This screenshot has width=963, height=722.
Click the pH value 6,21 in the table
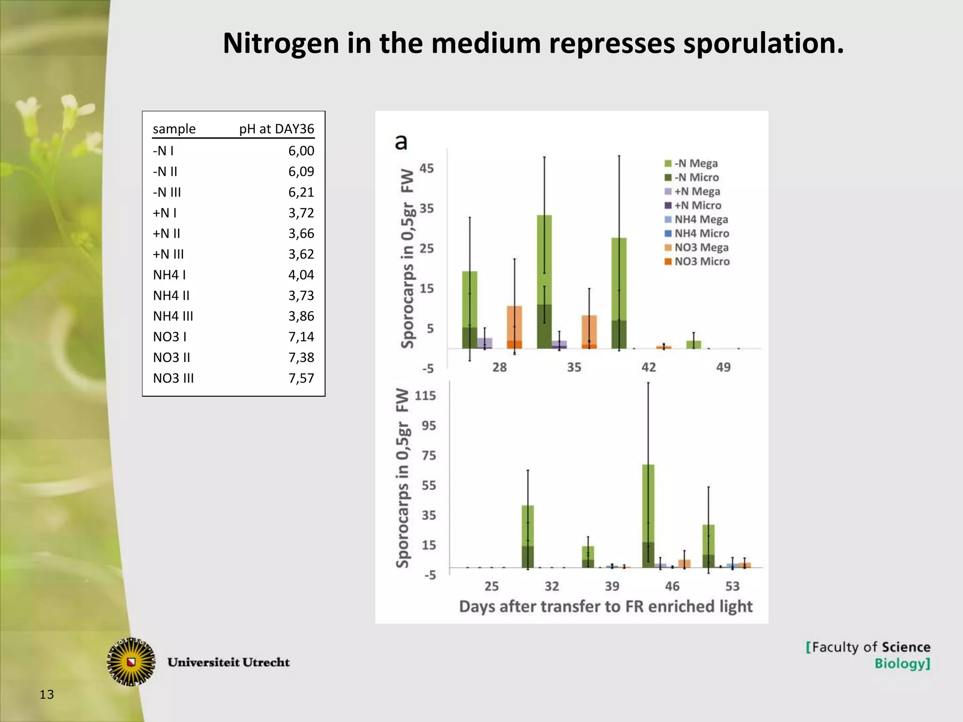(301, 192)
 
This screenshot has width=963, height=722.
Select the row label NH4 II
(171, 296)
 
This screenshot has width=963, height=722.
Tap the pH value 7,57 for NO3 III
(301, 378)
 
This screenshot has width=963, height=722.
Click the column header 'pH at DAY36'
(276, 129)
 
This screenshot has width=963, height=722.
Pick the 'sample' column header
(174, 129)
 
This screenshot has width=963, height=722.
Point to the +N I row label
(165, 213)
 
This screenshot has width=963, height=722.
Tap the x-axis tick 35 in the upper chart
(574, 367)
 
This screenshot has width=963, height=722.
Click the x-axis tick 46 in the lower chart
(672, 586)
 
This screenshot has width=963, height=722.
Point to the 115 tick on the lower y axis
(425, 396)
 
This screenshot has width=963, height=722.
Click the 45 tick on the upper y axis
(426, 168)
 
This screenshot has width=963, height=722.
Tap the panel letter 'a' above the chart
(401, 141)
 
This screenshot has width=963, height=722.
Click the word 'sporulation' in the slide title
(763, 44)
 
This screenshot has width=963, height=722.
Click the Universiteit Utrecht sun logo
(132, 662)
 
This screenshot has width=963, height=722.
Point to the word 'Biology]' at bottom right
(902, 664)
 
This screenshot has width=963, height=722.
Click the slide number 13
(47, 694)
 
